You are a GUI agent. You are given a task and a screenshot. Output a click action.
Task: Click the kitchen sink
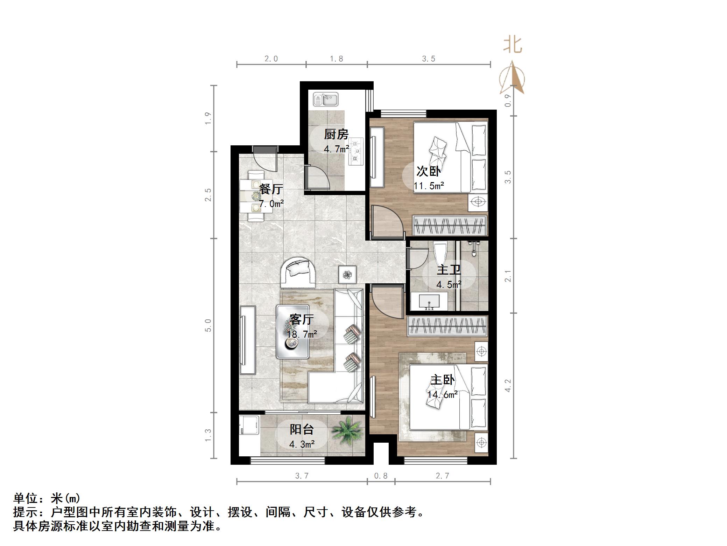tap(325, 99)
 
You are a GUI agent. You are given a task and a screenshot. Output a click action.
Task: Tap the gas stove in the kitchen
tap(356, 151)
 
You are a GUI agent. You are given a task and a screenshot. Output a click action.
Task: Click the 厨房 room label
tap(336, 134)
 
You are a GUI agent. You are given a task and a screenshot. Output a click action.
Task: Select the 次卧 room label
tap(429, 171)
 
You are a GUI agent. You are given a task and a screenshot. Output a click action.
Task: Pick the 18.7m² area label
tap(302, 334)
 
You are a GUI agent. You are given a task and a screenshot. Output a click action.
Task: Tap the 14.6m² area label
tap(443, 395)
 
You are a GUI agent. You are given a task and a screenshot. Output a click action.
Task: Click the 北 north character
tap(513, 45)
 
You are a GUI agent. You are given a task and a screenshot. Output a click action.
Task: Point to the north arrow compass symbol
tap(512, 78)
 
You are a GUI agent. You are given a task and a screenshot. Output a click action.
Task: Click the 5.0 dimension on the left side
tap(208, 325)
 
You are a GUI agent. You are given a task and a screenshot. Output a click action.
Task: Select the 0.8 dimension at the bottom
tap(381, 476)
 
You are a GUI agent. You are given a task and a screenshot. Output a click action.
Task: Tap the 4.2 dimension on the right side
tap(508, 385)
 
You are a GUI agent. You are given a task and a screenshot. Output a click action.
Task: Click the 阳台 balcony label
tap(302, 429)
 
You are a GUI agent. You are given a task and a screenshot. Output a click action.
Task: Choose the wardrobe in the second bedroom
tap(450, 225)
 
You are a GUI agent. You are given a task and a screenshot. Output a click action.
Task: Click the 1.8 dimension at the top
tap(337, 59)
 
